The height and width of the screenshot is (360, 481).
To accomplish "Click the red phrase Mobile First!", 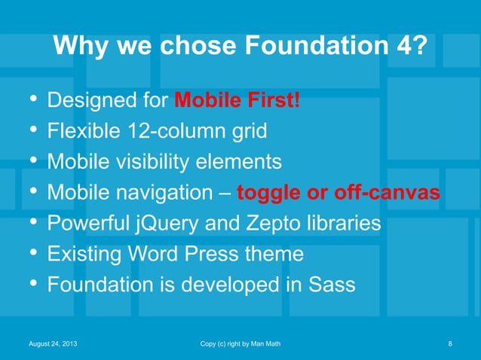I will click(237, 100).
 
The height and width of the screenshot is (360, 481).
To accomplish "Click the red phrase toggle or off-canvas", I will click(339, 194).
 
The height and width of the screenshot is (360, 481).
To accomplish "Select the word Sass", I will click(331, 285).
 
